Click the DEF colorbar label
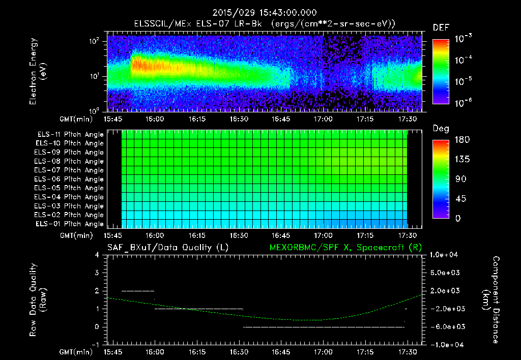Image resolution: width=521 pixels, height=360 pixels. [x=441, y=27]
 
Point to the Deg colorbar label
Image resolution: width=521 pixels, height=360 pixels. [x=441, y=129]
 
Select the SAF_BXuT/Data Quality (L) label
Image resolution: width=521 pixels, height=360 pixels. [x=167, y=248]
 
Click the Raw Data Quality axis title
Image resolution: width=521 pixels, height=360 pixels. [x=38, y=300]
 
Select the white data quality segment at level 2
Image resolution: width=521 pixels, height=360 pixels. [x=138, y=291]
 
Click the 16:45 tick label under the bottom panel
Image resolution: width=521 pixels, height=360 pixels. [x=281, y=352]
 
